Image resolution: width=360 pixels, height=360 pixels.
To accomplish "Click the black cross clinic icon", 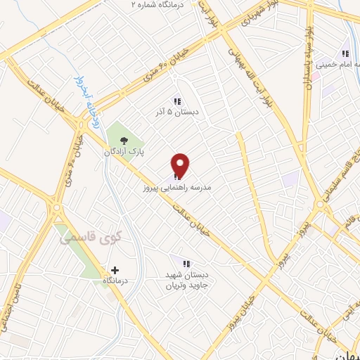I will [x=115, y=270].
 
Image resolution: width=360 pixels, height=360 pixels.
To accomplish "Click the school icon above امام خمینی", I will [x=345, y=53].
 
